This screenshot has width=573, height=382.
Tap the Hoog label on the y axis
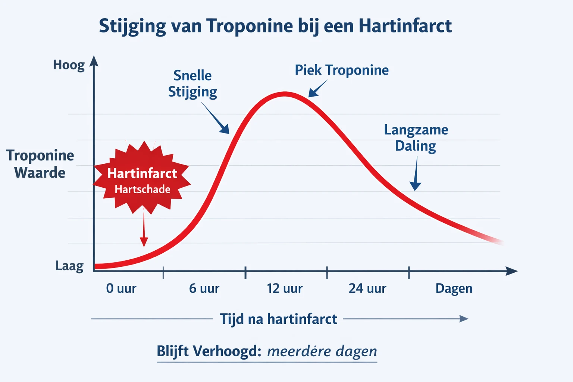69,65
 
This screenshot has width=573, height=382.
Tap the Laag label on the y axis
69,266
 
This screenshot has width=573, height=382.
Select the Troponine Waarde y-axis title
40,164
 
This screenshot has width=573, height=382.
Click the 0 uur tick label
121,288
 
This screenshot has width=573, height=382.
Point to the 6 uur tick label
204,288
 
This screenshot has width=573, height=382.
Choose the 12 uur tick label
285,288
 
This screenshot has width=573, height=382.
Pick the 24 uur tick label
367,288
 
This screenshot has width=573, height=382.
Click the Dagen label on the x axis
454,288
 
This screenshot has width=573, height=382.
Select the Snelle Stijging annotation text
192,84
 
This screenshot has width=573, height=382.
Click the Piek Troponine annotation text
341,70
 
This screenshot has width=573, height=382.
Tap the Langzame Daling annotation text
416,138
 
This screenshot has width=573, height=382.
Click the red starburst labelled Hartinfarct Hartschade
142,178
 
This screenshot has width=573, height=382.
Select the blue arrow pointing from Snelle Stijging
216,119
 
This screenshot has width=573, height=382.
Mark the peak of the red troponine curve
285,94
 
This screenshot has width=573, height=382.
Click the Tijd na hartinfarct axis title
278,319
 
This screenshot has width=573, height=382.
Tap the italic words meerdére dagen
322,351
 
